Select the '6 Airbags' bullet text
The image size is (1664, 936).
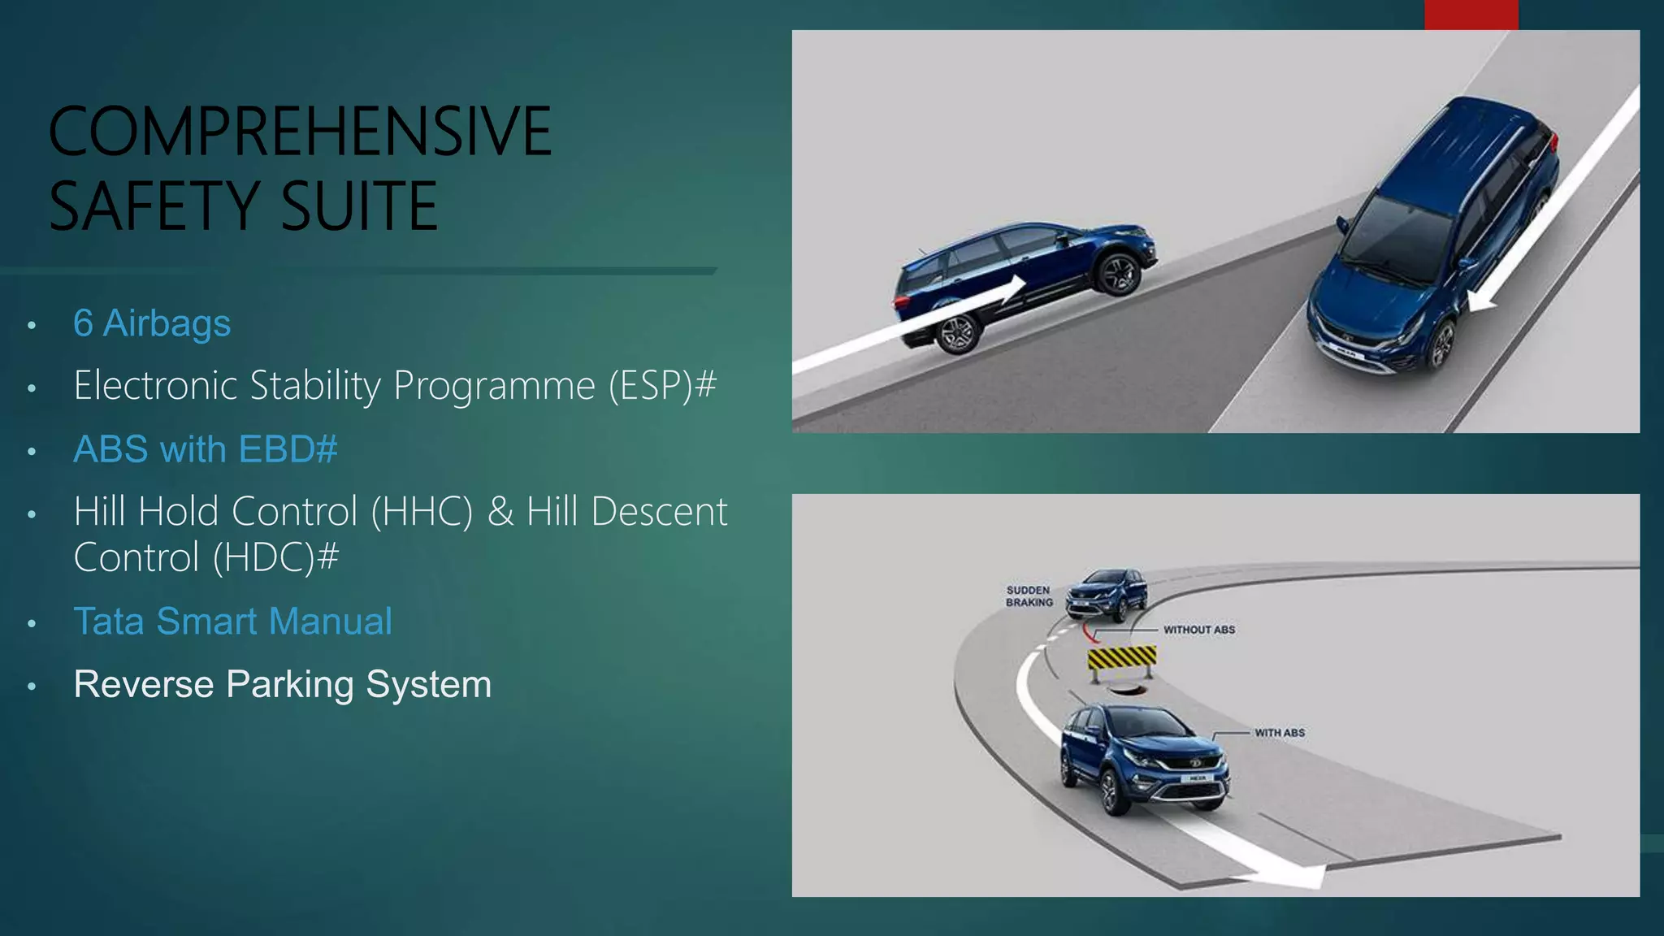152,323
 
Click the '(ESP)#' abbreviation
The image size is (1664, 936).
662,385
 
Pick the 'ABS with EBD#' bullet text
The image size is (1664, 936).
206,449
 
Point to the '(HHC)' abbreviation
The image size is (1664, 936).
421,512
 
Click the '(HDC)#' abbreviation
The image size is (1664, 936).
276,557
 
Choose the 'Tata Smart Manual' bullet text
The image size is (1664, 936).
233,622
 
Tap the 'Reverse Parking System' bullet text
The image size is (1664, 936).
282,684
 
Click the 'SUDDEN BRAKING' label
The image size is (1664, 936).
1029,596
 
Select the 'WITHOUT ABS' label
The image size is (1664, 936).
1198,630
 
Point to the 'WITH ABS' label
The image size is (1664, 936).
1279,733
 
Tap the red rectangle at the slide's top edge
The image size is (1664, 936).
1471,15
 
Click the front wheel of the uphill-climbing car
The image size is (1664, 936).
1118,274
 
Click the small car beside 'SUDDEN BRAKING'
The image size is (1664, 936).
1106,594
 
